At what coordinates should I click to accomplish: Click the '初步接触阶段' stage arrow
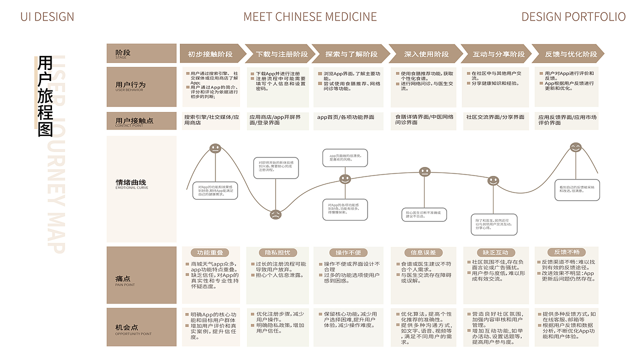click(x=210, y=54)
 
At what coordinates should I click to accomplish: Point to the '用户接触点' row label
click(x=134, y=121)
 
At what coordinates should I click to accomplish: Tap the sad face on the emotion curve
click(x=275, y=214)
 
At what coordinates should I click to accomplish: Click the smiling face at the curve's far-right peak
click(x=576, y=147)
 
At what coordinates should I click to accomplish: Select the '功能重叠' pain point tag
click(x=210, y=252)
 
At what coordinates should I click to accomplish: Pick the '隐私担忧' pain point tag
click(x=277, y=252)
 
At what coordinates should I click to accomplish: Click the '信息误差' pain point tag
click(x=423, y=252)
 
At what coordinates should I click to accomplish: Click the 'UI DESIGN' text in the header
click(x=47, y=17)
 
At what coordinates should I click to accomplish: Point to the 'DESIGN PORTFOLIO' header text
click(x=573, y=17)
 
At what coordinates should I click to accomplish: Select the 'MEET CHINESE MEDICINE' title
click(x=310, y=17)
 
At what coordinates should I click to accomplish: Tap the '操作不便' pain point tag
click(x=345, y=252)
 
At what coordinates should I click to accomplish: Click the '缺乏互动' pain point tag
click(x=495, y=252)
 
